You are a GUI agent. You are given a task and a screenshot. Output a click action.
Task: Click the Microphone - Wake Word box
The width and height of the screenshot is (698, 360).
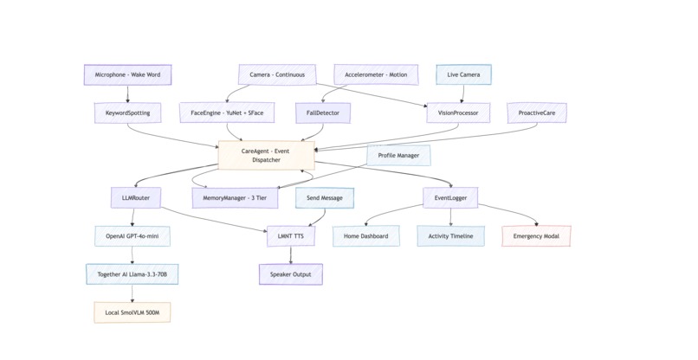127,75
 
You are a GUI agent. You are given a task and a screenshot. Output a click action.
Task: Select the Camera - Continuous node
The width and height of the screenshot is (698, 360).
277,75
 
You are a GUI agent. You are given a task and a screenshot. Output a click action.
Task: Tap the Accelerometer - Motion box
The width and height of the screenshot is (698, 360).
376,75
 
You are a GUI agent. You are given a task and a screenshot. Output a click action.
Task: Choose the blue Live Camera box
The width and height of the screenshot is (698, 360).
463,75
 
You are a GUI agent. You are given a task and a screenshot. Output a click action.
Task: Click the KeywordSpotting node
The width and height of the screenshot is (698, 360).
127,112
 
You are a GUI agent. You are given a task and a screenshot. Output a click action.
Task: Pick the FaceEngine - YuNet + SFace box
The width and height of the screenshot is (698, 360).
227,112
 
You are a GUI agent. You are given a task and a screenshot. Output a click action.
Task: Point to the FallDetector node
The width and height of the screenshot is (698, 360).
322,112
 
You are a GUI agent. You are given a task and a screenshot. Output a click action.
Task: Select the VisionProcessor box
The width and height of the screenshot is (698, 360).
458,112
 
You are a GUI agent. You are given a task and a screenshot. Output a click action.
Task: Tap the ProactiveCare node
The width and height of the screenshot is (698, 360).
537,112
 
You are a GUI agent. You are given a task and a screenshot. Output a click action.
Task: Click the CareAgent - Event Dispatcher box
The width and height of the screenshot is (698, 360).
266,155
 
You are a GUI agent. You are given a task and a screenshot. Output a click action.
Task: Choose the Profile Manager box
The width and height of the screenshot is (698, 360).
398,155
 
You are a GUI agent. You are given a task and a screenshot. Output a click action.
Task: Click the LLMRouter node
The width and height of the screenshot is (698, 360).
135,197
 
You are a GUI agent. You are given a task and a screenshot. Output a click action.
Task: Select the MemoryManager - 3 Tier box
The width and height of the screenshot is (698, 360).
236,197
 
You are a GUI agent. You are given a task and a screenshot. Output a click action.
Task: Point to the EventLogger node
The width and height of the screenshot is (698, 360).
450,197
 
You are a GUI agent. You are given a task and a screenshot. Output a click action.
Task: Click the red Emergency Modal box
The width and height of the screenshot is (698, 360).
536,236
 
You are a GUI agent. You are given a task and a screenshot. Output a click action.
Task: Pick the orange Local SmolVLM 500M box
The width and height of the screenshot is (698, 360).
132,312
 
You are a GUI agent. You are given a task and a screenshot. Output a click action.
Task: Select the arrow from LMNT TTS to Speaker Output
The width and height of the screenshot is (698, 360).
290,255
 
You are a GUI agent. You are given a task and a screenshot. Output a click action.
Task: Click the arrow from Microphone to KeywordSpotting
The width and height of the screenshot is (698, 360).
127,93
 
